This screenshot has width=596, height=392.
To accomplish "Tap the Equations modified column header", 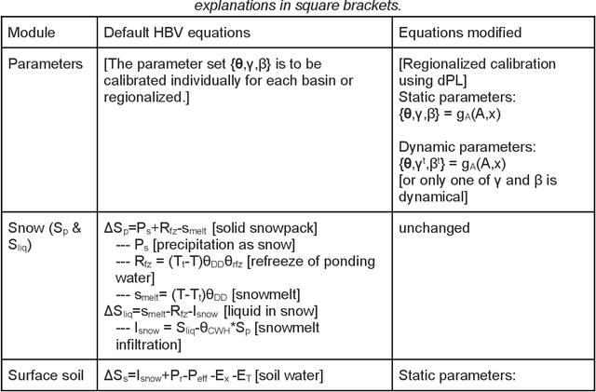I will click(x=460, y=33).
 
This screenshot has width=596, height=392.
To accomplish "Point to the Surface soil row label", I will click(x=47, y=376).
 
